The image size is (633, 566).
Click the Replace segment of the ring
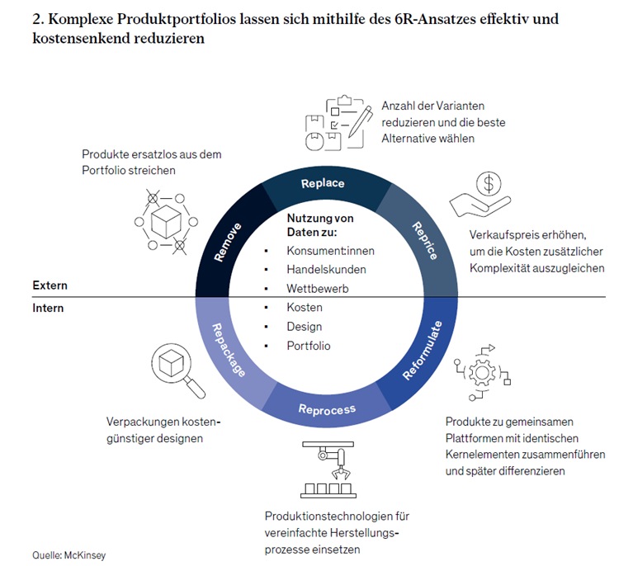pyautogui.click(x=323, y=183)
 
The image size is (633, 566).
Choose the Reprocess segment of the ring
pyautogui.click(x=327, y=409)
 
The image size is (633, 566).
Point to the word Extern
pyautogui.click(x=50, y=285)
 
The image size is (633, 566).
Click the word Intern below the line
pyautogui.click(x=48, y=308)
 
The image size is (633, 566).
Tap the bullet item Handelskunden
pyautogui.click(x=326, y=269)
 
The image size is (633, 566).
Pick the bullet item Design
pyautogui.click(x=304, y=327)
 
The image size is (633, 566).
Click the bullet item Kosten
pyautogui.click(x=305, y=307)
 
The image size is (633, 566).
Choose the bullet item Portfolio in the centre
pyautogui.click(x=308, y=346)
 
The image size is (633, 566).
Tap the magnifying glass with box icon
pyautogui.click(x=176, y=368)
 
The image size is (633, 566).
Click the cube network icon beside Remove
pyautogui.click(x=163, y=220)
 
